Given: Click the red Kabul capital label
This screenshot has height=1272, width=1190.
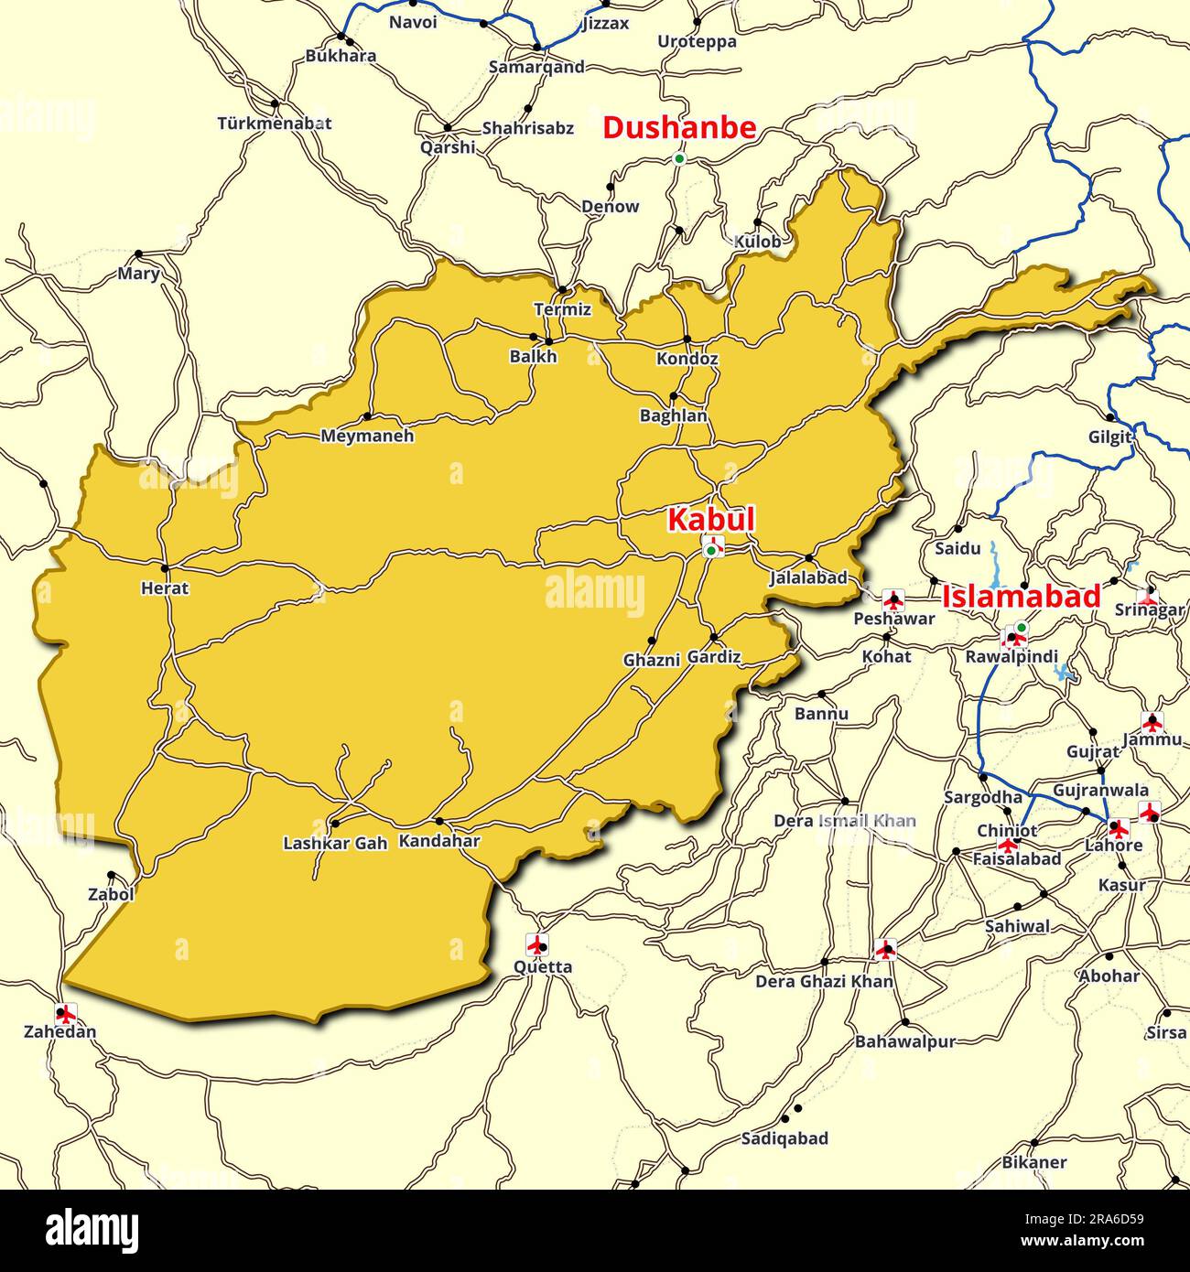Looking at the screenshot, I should point(711,520).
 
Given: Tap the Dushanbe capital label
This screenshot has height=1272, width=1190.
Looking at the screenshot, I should point(679,128).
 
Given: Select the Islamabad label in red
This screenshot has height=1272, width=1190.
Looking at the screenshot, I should point(1021,597).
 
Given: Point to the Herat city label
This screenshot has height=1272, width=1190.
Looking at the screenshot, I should point(165,588).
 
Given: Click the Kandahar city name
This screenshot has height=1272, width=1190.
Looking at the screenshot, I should point(439,841).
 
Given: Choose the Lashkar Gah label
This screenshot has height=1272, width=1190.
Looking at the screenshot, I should point(335,843).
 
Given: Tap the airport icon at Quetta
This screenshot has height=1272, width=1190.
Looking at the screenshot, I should point(536,943).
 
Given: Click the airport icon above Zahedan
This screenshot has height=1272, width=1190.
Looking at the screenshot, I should point(65,1013).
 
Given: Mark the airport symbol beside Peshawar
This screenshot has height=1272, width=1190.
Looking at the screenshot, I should point(892,600).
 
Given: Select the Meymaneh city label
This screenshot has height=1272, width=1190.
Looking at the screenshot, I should point(367,436).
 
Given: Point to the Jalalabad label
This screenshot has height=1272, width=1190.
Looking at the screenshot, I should point(808,577).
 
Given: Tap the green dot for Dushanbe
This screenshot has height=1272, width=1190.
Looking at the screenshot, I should point(679,158).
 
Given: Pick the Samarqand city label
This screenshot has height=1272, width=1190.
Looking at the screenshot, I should point(536,67).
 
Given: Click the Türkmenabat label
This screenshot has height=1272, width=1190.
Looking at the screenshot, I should point(275,123).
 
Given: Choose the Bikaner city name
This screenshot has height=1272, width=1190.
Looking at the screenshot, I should point(1034,1162).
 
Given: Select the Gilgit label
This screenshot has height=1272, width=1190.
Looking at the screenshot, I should point(1109,437).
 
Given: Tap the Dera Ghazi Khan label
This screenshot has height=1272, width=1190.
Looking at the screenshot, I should point(824,981).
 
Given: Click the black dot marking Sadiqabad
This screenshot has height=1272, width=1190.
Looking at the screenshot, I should point(797,1108).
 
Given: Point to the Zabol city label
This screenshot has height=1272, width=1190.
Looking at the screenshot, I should point(111,894).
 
